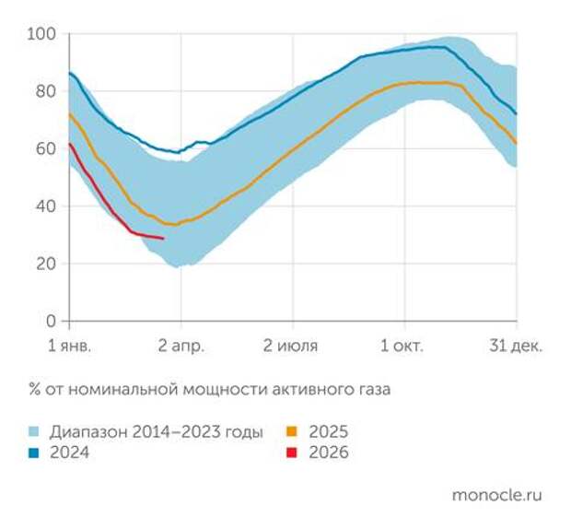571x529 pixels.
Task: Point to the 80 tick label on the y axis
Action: (45, 91)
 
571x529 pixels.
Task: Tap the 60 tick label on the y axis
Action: (45, 148)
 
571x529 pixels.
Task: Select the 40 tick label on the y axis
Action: (45, 206)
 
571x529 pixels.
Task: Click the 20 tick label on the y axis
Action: (45, 264)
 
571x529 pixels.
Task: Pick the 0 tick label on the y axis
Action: (51, 321)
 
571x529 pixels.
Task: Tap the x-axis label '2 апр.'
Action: (181, 347)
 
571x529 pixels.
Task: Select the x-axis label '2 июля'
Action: (291, 347)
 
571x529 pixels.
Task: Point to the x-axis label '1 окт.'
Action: (403, 347)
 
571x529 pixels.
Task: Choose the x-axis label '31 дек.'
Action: (514, 347)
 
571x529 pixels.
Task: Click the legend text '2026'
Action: (329, 453)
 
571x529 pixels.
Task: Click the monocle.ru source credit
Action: (497, 495)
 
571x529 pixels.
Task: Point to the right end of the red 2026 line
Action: (164, 239)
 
